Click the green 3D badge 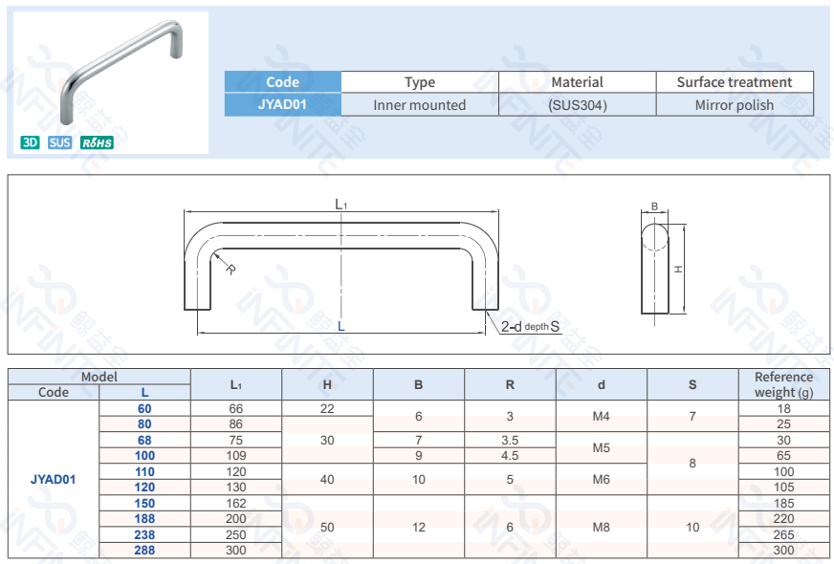[30, 142]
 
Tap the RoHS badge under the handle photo [97, 142]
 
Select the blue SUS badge [59, 142]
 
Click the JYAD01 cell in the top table [282, 105]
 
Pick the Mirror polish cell [734, 105]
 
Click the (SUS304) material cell [577, 105]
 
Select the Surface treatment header [734, 82]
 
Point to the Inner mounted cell [419, 105]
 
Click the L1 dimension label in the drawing [340, 204]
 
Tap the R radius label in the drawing [230, 270]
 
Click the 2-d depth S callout [530, 327]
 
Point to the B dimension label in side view [654, 206]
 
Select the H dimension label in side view [678, 270]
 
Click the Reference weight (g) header [782, 384]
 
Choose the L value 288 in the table [144, 551]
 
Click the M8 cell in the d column [601, 527]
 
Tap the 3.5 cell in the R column [510, 440]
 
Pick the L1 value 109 [235, 456]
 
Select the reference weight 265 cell [783, 534]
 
